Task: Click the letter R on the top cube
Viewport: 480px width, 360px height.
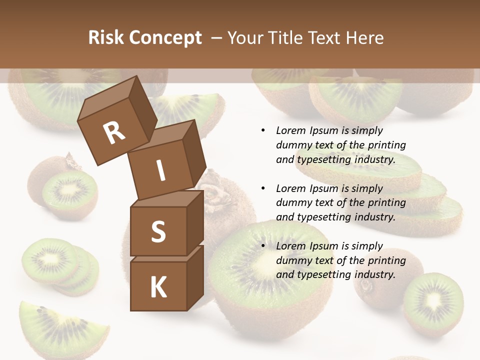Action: [x=114, y=133]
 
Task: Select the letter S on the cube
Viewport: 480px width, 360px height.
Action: [x=158, y=232]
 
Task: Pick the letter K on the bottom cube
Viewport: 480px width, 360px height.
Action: [x=158, y=287]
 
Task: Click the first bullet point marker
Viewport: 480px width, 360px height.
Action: [x=263, y=130]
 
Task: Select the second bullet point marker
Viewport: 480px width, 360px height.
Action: [x=263, y=188]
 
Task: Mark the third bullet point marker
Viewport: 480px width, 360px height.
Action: [x=263, y=246]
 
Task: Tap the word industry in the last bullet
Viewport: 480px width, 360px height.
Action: [x=374, y=274]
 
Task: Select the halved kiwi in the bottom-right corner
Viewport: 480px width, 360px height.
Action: [x=433, y=302]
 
